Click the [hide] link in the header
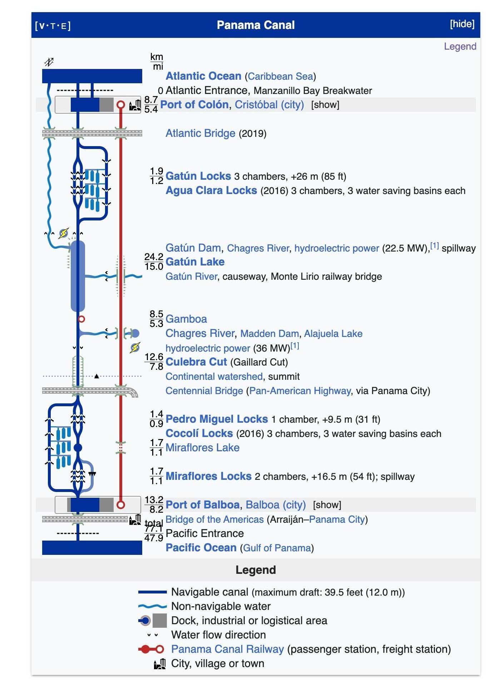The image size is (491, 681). click(x=462, y=24)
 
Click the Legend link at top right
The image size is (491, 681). click(x=460, y=46)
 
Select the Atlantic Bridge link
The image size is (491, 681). click(x=200, y=133)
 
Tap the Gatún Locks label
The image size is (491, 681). click(x=198, y=176)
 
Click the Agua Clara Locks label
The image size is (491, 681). click(x=211, y=190)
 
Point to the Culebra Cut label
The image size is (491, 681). click(x=196, y=362)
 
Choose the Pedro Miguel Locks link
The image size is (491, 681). click(x=217, y=419)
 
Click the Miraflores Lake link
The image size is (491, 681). click(x=202, y=448)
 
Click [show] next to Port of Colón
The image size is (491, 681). click(x=325, y=105)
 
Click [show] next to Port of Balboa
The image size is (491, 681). click(x=327, y=505)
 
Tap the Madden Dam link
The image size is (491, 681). click(x=269, y=334)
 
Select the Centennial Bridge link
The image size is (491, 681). click(x=204, y=391)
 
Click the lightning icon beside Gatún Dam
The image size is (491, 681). click(x=64, y=233)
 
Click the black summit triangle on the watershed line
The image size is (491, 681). click(x=96, y=376)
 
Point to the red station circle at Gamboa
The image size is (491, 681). click(x=81, y=319)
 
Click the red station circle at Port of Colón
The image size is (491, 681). click(x=121, y=105)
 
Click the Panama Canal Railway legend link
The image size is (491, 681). click(x=227, y=649)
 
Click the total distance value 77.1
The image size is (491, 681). click(x=154, y=528)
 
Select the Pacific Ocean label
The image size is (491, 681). click(x=201, y=548)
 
